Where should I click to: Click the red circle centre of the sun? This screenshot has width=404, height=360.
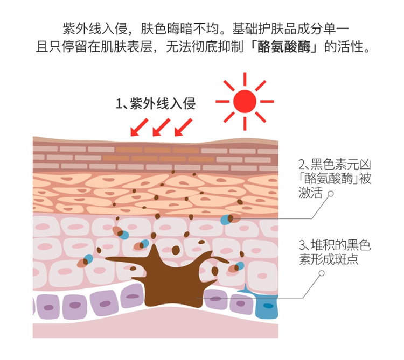(x=245, y=101)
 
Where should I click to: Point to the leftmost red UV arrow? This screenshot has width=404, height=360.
(x=138, y=127)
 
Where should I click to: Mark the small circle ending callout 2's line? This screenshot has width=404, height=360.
(x=331, y=193)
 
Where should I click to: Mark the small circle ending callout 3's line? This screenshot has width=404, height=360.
(x=322, y=273)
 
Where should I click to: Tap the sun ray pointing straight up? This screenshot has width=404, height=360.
(x=245, y=79)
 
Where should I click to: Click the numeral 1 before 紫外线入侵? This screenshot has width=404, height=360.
(x=120, y=103)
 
